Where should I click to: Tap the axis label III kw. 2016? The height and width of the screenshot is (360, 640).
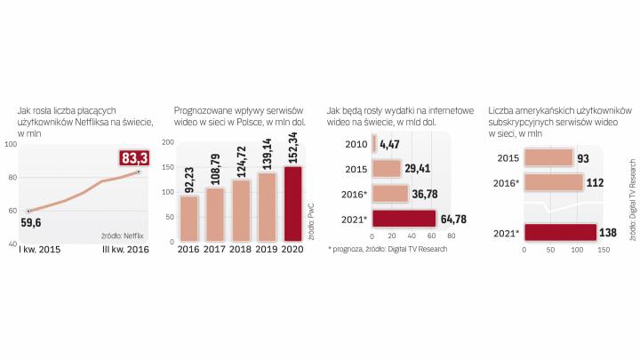124,251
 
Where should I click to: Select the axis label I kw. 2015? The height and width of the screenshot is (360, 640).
37,251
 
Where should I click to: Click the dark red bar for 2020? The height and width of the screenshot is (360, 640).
293,204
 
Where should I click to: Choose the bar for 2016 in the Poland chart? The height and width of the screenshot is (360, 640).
188,218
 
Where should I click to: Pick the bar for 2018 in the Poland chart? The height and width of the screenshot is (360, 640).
241,210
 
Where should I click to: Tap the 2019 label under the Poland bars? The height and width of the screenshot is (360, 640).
268,251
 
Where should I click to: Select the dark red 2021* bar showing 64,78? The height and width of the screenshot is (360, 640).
404,219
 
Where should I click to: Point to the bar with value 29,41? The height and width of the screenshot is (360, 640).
387,168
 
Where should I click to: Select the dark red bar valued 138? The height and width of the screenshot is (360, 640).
559,234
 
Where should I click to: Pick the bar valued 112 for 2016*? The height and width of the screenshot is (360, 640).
553,183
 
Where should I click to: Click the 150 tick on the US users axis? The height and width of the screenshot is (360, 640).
603,250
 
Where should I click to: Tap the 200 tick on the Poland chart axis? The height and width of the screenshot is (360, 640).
168,143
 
